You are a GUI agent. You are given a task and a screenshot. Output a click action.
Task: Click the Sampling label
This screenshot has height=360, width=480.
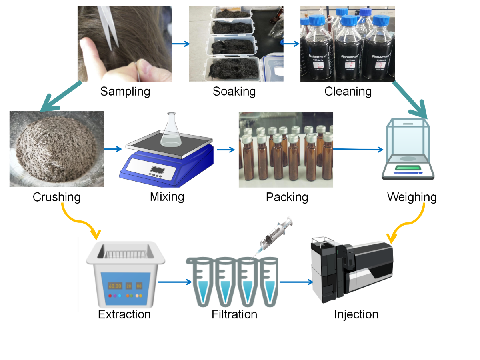click(x=125, y=92)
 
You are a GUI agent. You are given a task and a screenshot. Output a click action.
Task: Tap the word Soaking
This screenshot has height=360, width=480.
click(x=234, y=92)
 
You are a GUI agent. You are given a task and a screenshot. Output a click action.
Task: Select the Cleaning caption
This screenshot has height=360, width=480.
click(x=348, y=92)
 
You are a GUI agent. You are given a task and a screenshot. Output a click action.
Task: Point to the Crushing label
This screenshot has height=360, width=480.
click(x=56, y=197)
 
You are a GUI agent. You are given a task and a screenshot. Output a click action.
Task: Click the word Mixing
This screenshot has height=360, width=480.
click(x=167, y=197)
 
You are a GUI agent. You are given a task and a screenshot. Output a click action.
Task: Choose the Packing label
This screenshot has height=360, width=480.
click(x=287, y=197)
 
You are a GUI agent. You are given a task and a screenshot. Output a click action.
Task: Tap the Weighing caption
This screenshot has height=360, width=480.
click(x=412, y=197)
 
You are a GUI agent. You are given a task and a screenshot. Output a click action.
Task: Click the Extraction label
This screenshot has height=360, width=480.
click(x=124, y=314)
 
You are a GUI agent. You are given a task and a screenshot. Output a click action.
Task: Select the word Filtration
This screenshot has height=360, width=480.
click(x=234, y=314)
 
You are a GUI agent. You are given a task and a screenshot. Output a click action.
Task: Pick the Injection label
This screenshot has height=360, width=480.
click(x=356, y=314)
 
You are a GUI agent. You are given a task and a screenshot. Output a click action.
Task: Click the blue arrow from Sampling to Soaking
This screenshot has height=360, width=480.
click(x=180, y=44)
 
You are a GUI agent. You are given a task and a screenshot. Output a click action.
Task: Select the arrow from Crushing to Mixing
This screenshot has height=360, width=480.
click(x=113, y=149)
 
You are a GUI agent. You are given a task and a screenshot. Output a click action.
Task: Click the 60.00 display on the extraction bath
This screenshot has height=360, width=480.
click(x=115, y=286)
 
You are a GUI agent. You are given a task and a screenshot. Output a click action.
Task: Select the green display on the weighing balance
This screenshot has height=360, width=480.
click(x=407, y=168)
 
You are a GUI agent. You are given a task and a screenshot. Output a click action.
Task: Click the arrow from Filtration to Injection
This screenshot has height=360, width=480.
click(x=296, y=282)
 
